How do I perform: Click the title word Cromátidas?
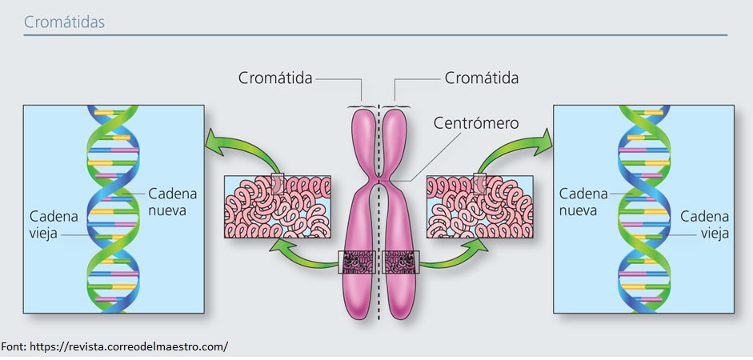pos(64,22)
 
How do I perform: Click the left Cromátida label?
pos(274,78)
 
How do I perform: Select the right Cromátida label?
pos(481,78)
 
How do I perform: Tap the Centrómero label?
pos(476,124)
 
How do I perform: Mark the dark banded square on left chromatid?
pos(354,263)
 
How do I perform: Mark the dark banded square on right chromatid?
pos(401,263)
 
